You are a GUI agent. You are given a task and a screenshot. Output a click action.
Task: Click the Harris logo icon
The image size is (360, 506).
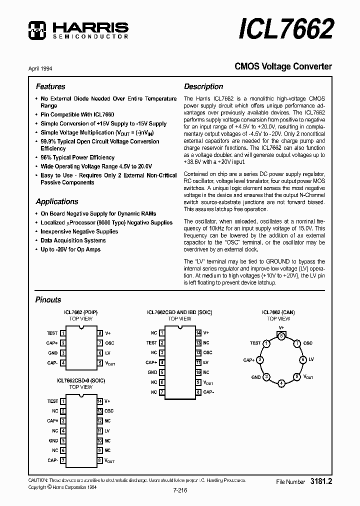[x=37, y=30]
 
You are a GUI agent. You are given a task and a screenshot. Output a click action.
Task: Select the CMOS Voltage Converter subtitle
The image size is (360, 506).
[x=283, y=66]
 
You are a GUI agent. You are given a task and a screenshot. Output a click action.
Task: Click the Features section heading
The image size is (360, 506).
[x=50, y=86]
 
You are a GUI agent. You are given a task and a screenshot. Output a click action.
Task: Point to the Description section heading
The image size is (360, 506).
[x=203, y=86]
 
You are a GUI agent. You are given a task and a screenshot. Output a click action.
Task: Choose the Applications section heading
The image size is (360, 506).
[x=57, y=201]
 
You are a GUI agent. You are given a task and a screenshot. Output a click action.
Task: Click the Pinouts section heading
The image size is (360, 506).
[x=48, y=300]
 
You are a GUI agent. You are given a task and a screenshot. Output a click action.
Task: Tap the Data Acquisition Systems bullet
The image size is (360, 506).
[x=73, y=240]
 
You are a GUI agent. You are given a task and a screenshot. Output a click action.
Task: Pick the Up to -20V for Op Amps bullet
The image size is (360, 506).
[x=70, y=249]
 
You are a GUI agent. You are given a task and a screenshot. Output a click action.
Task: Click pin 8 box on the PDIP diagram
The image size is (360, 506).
[x=100, y=333]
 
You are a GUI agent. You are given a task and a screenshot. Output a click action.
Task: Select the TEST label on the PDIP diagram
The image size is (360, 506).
[x=52, y=333]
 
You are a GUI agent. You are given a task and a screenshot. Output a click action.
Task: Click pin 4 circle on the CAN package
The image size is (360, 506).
[x=282, y=383]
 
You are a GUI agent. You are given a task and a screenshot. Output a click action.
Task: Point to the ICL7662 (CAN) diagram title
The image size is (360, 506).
[x=278, y=312]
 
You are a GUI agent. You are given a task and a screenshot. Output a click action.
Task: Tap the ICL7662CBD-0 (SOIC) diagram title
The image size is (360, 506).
[x=80, y=380]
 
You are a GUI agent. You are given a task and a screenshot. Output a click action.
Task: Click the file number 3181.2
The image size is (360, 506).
[x=321, y=481]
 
